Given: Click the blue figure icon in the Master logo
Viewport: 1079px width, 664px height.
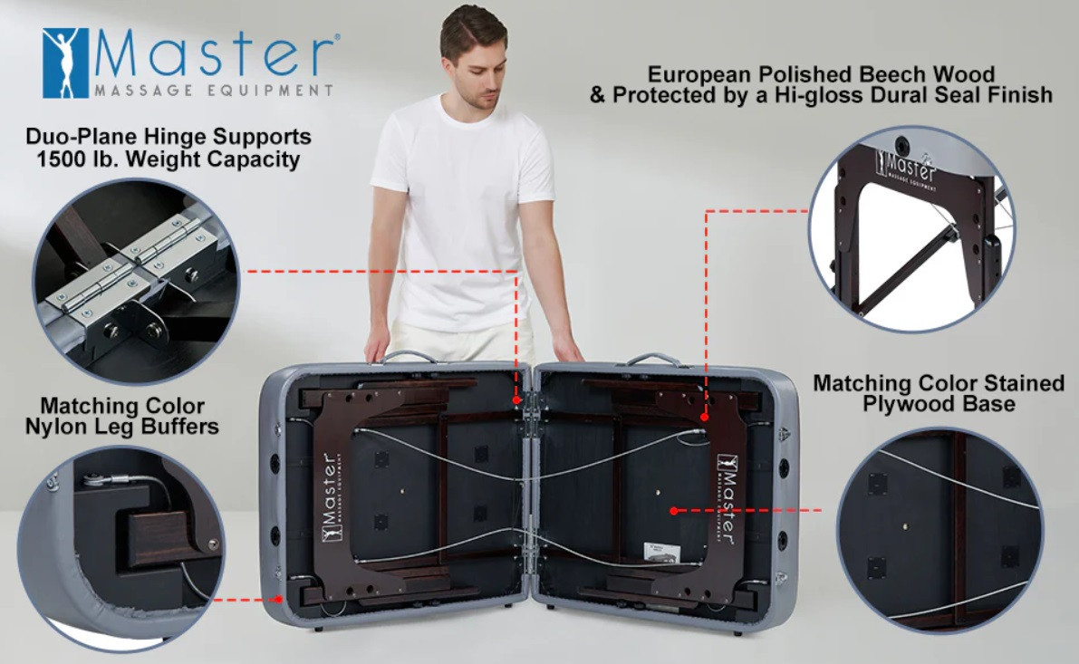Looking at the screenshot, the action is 65,63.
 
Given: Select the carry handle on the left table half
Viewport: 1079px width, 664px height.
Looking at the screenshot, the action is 409,356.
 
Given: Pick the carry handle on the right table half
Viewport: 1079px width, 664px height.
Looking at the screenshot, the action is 651,358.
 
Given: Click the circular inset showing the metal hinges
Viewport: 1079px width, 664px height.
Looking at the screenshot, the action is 136,281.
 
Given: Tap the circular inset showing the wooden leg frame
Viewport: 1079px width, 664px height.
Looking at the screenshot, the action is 912,230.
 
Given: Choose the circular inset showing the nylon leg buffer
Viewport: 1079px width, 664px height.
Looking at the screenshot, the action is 121,548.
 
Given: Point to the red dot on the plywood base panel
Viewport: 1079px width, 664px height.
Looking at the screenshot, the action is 674,511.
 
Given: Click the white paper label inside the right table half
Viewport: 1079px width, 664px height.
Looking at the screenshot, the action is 662,552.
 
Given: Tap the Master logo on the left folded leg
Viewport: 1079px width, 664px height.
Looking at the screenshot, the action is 332,496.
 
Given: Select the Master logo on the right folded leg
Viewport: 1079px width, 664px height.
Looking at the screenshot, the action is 727,498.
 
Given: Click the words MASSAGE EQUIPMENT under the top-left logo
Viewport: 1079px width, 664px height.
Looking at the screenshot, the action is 213,91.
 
